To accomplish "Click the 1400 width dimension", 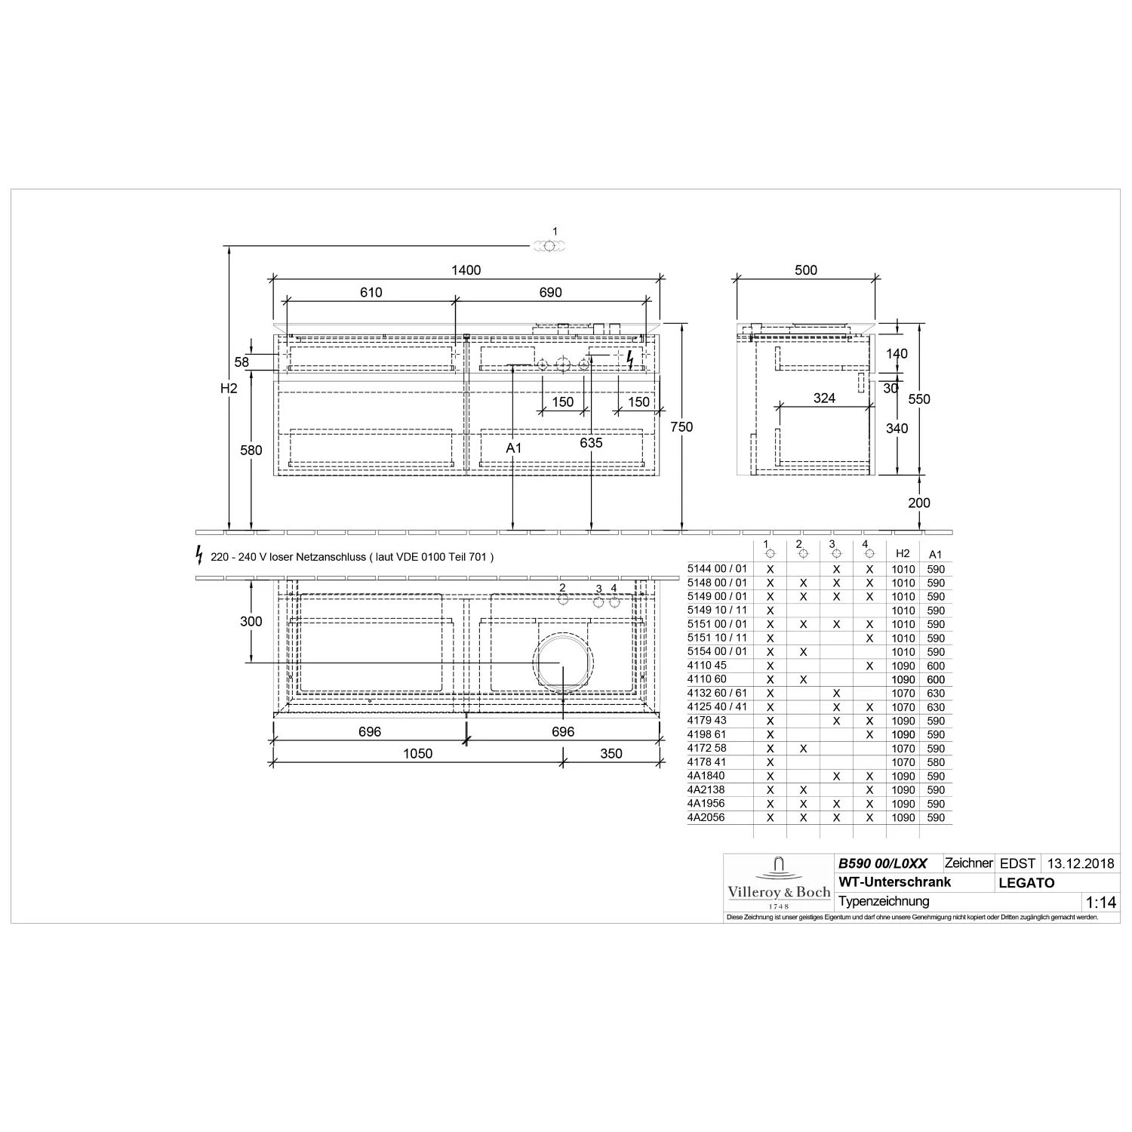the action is [x=466, y=270].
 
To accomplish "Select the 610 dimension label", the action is [x=371, y=293].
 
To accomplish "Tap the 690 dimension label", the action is [x=551, y=293].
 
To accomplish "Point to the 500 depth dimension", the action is [x=806, y=270].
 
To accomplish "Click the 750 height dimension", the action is [x=681, y=427].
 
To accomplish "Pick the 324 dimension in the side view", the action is [x=824, y=398].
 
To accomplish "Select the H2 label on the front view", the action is [x=229, y=389].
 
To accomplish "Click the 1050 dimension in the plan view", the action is [x=417, y=753].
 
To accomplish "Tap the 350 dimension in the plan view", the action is [x=611, y=753].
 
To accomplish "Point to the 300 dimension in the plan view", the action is [x=251, y=621].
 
